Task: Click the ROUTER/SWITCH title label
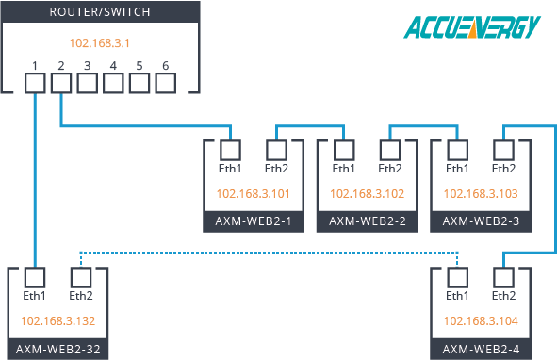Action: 100,12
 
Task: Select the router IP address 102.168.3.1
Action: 100,43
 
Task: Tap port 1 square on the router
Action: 34,83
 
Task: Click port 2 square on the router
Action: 60,83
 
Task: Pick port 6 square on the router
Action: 166,83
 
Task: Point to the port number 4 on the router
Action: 113,66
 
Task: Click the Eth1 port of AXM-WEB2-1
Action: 230,149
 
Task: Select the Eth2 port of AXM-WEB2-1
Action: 275,149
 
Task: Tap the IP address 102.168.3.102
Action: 366,193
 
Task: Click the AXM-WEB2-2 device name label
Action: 366,221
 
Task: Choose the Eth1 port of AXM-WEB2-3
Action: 457,149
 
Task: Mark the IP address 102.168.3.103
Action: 479,193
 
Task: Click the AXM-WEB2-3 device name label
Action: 479,221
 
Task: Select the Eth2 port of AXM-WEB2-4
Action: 502,277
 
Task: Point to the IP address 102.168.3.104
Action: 479,320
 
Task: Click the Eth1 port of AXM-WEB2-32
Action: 34,277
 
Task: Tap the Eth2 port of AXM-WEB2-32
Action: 79,277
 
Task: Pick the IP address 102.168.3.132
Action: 57,320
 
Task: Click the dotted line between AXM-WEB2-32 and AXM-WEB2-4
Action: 269,252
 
